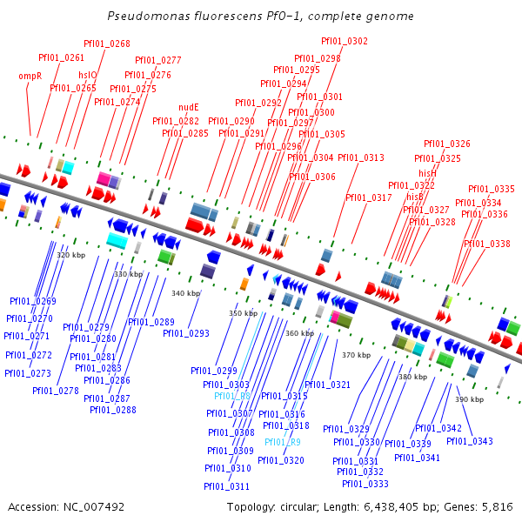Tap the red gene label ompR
(30, 76)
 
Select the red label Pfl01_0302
(345, 41)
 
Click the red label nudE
(189, 107)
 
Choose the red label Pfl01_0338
(487, 244)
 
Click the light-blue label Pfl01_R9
(283, 442)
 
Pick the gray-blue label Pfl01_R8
(232, 396)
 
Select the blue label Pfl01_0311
(227, 486)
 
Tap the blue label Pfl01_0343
(470, 441)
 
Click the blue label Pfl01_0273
(27, 373)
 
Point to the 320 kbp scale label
(70, 255)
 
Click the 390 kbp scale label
(469, 398)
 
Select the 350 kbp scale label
(243, 312)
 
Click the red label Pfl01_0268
(107, 43)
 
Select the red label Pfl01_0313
(360, 157)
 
